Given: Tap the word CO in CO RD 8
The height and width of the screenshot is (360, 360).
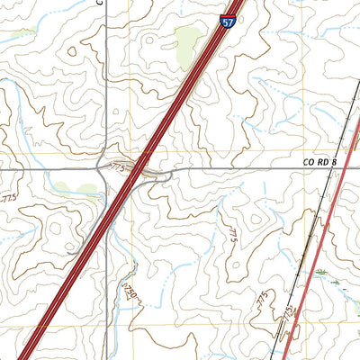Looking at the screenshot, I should [309, 162].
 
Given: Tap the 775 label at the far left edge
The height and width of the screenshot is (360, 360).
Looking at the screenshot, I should [8, 197].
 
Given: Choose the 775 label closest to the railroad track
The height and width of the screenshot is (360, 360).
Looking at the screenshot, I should [286, 314].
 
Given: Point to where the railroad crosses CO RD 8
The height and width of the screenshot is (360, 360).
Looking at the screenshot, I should [344, 168].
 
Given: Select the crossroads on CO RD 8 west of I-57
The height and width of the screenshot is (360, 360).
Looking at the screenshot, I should [107, 169].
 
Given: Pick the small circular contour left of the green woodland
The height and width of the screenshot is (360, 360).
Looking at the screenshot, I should [72, 51].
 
